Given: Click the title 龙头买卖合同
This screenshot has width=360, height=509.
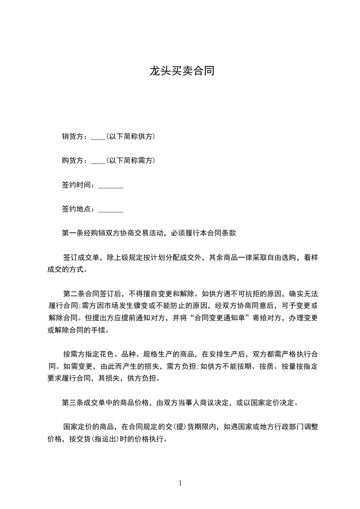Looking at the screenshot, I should (x=182, y=71).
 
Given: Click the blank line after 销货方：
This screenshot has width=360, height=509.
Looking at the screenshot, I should (x=98, y=137).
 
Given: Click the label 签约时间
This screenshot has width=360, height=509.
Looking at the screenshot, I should (x=78, y=185).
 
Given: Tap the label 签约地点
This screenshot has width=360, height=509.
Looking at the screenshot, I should (x=78, y=210).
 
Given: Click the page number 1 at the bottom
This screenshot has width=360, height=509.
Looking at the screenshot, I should (x=180, y=483).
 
